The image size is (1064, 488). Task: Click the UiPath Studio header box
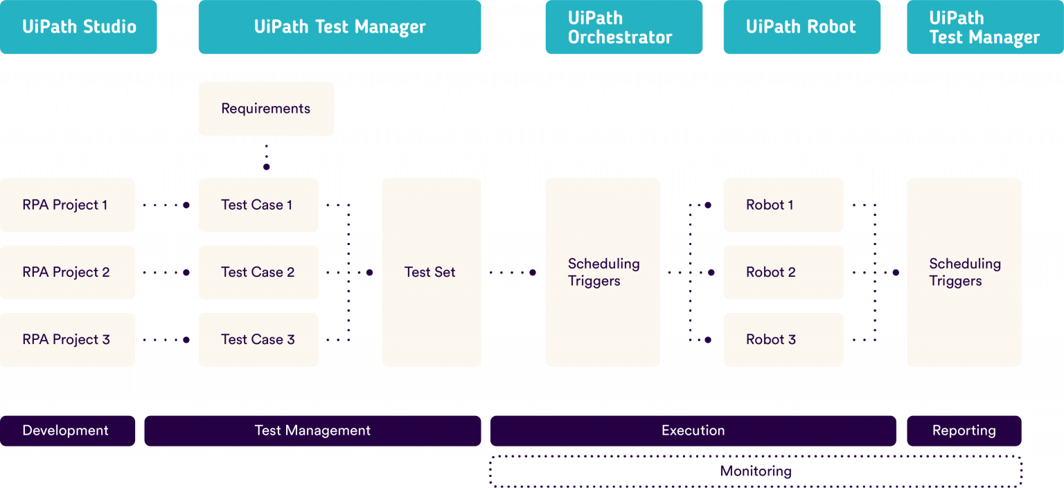click(x=78, y=27)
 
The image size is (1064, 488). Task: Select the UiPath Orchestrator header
click(x=623, y=27)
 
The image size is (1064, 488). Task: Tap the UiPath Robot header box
click(x=801, y=27)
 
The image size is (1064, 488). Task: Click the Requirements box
click(x=266, y=109)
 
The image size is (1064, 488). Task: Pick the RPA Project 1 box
click(x=67, y=205)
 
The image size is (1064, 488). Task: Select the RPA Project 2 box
click(x=67, y=272)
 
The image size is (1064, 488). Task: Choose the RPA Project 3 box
click(x=67, y=339)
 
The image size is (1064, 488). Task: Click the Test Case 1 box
click(x=258, y=205)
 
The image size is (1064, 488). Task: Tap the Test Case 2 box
click(x=258, y=272)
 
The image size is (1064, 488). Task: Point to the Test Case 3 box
click(x=258, y=339)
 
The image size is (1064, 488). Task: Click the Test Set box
click(x=431, y=272)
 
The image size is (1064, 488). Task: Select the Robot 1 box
click(x=783, y=205)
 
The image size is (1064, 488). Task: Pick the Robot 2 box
click(x=783, y=272)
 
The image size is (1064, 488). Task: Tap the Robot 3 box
click(x=783, y=339)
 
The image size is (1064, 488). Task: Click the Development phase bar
click(x=67, y=431)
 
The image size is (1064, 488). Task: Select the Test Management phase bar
click(x=312, y=431)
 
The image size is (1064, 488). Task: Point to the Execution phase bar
click(x=693, y=431)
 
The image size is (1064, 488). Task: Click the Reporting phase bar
click(x=964, y=431)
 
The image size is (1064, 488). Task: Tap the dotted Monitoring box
click(x=756, y=471)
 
